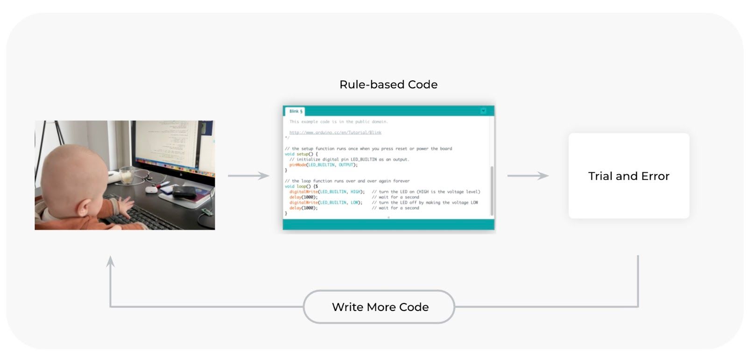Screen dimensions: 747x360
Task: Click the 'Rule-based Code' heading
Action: click(x=388, y=85)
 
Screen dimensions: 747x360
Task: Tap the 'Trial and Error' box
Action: click(x=628, y=176)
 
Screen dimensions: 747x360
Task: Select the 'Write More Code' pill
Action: click(x=379, y=307)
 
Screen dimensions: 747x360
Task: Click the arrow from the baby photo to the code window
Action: click(x=248, y=176)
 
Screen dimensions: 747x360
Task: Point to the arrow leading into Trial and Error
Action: click(x=528, y=176)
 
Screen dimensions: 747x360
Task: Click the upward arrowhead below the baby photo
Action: click(x=110, y=261)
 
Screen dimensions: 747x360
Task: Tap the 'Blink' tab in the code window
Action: click(x=296, y=111)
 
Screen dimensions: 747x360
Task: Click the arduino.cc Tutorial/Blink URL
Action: click(x=335, y=133)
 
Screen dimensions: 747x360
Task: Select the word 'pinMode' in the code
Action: click(x=297, y=165)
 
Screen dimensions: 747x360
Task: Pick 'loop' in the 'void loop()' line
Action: click(x=302, y=186)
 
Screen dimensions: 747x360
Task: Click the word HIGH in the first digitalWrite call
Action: click(x=356, y=192)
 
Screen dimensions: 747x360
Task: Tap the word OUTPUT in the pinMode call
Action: click(x=346, y=165)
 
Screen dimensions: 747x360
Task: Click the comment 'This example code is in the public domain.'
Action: click(x=338, y=122)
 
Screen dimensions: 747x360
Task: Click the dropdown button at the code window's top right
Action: click(x=483, y=111)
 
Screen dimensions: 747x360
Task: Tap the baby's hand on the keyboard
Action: click(x=122, y=204)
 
